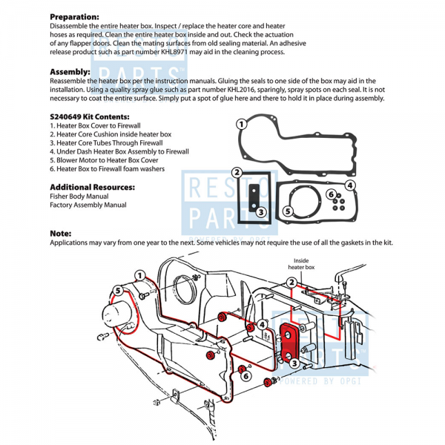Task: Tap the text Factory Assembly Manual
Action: point(88,205)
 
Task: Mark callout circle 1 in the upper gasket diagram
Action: point(240,124)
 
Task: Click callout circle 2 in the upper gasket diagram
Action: point(237,172)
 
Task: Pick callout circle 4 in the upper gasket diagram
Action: point(351,185)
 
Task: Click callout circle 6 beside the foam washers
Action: point(330,194)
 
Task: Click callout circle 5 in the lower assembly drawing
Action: point(118,289)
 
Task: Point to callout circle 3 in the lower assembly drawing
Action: point(295,363)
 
